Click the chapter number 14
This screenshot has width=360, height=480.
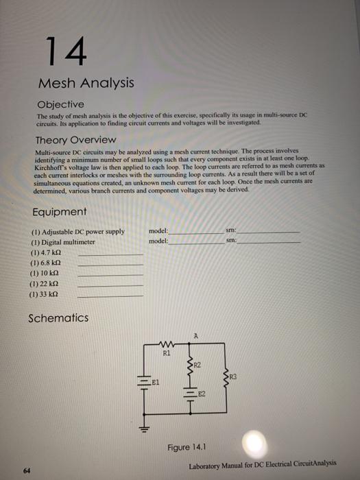pyautogui.click(x=65, y=50)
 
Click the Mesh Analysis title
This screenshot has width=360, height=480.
pyautogui.click(x=85, y=84)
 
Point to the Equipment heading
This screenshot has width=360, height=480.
pyautogui.click(x=60, y=212)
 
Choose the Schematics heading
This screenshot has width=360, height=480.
pyautogui.click(x=58, y=318)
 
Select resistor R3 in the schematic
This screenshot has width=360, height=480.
pyautogui.click(x=228, y=374)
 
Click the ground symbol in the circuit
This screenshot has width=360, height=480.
pyautogui.click(x=145, y=430)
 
